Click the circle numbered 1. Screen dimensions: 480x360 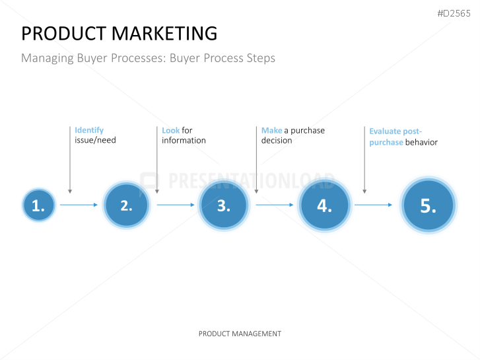[39, 205]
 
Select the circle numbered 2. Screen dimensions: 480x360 [126, 205]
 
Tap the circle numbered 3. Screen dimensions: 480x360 [224, 205]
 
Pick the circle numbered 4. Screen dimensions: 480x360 [324, 205]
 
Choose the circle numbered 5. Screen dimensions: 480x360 [429, 205]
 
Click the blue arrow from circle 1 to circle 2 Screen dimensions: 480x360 [79, 205]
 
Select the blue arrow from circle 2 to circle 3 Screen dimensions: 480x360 [176, 205]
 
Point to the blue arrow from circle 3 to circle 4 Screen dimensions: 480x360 [275, 205]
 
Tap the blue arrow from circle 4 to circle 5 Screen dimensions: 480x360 [374, 205]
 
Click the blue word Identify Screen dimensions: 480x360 [89, 131]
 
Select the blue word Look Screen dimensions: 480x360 [171, 131]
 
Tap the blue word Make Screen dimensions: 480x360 [271, 131]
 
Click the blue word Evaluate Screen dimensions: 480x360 [385, 131]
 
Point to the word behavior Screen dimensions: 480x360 [421, 142]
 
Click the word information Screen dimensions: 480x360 [184, 140]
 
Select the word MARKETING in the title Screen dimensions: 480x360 [164, 34]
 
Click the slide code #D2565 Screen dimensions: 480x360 [454, 13]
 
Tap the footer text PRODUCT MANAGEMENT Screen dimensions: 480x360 [240, 334]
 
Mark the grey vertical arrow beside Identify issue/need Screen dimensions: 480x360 [70, 160]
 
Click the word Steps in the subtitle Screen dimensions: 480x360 [261, 58]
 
